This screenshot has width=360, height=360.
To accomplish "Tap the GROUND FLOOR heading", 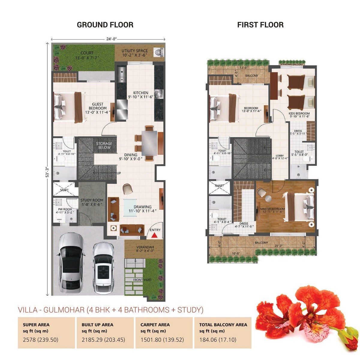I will (x=105, y=25).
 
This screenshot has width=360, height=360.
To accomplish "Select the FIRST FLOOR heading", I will (x=260, y=25).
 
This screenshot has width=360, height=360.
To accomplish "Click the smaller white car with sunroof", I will (x=103, y=268).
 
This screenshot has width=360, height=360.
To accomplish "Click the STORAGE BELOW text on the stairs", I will (x=104, y=145).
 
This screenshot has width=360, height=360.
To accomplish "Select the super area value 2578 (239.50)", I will (x=40, y=340).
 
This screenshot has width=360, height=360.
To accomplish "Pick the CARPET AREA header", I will (x=155, y=325).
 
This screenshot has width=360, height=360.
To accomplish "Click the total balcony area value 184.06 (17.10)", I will (x=218, y=340).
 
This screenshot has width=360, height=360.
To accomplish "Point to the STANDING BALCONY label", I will (x=292, y=64).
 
